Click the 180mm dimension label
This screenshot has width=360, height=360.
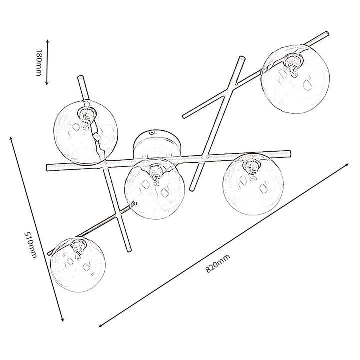(x=39, y=62)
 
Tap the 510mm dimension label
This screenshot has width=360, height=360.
(x=30, y=244)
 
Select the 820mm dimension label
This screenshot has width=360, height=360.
(x=218, y=263)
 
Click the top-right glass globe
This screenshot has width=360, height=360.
(x=295, y=79)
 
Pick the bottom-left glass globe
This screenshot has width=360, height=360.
(x=78, y=264)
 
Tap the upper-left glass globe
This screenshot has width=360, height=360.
(x=86, y=132)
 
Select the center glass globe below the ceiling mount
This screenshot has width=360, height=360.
(x=155, y=189)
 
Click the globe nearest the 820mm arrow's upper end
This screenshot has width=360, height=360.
(x=253, y=184)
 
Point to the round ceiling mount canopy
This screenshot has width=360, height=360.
(x=157, y=144)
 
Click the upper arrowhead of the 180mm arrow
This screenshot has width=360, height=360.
(x=48, y=41)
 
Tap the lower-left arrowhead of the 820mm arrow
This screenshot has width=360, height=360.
(x=100, y=325)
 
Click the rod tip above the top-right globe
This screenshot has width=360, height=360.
(x=326, y=34)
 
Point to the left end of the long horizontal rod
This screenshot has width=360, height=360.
(x=48, y=168)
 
